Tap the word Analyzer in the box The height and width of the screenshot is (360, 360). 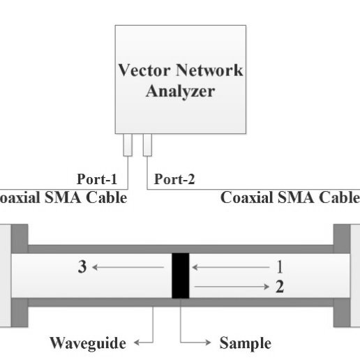click(180, 91)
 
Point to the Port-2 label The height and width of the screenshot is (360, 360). click(174, 179)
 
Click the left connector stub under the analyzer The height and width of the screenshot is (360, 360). click(127, 146)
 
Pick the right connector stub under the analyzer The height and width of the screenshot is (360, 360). click(147, 146)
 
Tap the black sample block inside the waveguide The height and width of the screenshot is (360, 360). click(181, 275)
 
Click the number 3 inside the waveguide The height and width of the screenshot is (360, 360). click(82, 267)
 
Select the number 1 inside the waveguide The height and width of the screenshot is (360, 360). click(280, 266)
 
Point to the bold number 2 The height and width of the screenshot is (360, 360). click(280, 286)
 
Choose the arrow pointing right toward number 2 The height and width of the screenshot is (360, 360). click(230, 286)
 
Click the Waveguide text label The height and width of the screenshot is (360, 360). click(88, 343)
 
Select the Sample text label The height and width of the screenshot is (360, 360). click(245, 343)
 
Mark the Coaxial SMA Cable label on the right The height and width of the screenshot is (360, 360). click(290, 197)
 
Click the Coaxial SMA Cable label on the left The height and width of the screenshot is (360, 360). click(63, 197)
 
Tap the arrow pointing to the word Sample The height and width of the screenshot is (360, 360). click(195, 343)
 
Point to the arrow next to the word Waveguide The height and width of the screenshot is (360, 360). click(143, 343)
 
